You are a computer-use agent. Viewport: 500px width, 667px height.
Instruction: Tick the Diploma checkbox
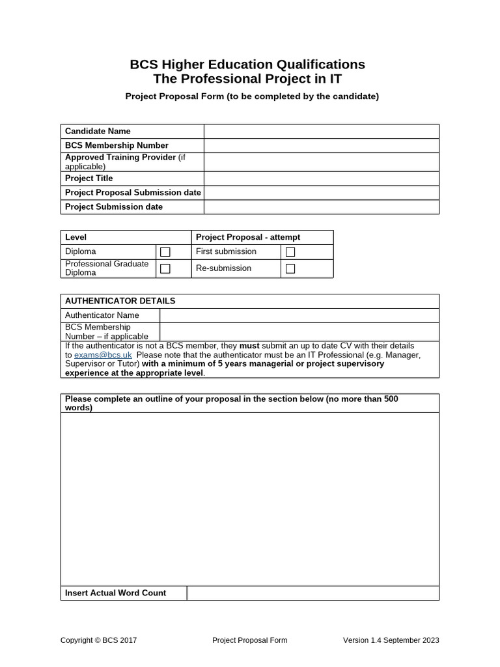click(165, 251)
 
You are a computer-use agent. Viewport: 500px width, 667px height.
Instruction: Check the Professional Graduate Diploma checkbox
click(165, 268)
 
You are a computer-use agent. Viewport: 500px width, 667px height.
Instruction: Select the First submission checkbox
click(290, 251)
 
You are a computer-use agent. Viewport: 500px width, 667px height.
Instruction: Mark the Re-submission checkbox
click(290, 268)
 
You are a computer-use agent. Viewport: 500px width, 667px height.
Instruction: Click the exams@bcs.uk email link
click(103, 355)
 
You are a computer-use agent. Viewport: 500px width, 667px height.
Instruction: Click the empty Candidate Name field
click(321, 132)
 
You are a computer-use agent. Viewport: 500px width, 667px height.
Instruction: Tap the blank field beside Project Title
click(321, 178)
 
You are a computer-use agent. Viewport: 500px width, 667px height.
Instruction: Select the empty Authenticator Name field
click(299, 315)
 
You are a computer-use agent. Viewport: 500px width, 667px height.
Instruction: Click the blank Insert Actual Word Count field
click(312, 593)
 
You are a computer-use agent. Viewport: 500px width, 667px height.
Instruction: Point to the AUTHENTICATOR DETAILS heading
click(120, 301)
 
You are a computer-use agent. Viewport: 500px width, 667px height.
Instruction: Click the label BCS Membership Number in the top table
click(117, 145)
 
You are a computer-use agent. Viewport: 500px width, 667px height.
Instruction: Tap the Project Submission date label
click(114, 206)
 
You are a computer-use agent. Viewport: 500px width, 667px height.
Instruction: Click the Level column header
click(76, 237)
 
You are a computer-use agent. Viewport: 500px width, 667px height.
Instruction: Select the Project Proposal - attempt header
click(248, 237)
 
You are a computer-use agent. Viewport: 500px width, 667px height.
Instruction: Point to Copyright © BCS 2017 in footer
click(98, 640)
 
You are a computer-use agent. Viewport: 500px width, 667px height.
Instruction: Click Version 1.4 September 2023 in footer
click(391, 640)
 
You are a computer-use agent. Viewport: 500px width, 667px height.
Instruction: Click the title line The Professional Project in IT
click(247, 79)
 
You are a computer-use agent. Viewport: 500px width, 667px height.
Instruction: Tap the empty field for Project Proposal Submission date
click(321, 193)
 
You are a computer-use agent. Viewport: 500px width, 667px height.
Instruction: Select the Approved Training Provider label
click(120, 158)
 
